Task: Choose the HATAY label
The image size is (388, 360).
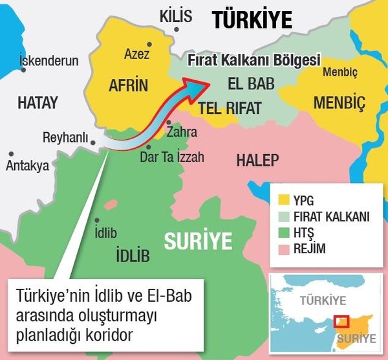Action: [38, 102]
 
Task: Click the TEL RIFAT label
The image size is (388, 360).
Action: [230, 108]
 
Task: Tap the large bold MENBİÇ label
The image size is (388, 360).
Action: [339, 102]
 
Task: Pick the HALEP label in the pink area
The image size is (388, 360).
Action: [257, 160]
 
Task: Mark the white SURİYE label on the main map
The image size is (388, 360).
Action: [197, 242]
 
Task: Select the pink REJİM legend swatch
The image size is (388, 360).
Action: [281, 249]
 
